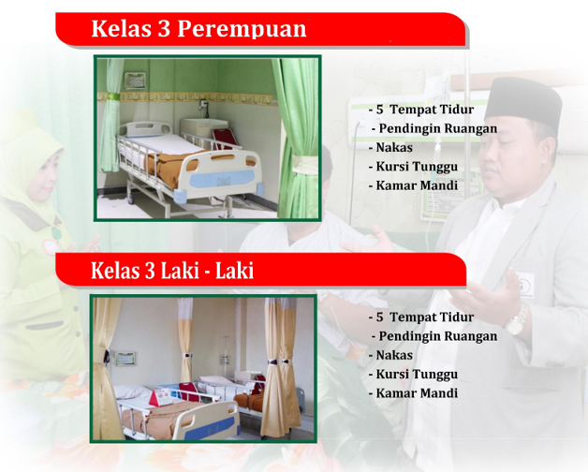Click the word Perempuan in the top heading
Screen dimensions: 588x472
(x=242, y=28)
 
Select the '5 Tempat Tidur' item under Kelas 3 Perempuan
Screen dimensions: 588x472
(x=425, y=110)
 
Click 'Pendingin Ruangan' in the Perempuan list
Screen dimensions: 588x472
(x=437, y=128)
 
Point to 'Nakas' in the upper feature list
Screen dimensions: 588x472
(x=394, y=147)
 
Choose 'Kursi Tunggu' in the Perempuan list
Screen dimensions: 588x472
(x=417, y=167)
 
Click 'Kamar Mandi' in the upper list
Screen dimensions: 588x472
(x=417, y=185)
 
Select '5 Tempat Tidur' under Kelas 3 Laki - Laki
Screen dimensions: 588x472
(x=425, y=317)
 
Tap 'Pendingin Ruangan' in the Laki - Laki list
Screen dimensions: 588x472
(x=437, y=336)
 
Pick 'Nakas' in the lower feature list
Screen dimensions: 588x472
(x=394, y=355)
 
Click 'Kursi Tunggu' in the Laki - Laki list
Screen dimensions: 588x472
(x=417, y=375)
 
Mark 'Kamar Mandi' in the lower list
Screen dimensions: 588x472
(x=417, y=393)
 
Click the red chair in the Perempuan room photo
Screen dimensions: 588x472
(x=225, y=139)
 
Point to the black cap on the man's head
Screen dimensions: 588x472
(x=523, y=98)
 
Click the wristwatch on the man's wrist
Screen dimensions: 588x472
(x=518, y=320)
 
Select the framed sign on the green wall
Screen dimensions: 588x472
(x=135, y=81)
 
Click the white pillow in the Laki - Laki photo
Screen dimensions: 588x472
(x=132, y=391)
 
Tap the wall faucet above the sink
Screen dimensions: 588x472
(x=203, y=104)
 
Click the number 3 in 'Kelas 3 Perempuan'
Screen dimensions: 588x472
(x=164, y=28)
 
